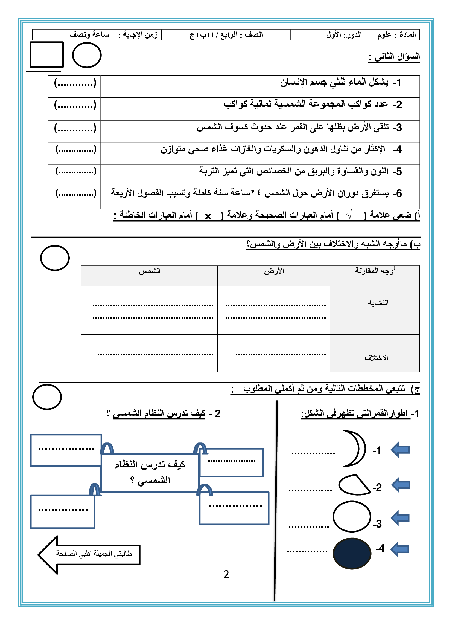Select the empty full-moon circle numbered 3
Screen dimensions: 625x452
[x=352, y=516]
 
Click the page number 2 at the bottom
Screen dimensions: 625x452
[x=226, y=574]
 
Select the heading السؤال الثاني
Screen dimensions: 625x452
[x=394, y=57]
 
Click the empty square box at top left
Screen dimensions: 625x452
[x=47, y=54]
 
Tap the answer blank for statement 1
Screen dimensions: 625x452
[x=75, y=83]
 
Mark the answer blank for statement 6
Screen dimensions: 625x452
[x=76, y=193]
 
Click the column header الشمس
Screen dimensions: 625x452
[x=149, y=271]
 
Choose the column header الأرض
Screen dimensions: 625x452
[x=274, y=271]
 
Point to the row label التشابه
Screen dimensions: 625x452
[x=378, y=303]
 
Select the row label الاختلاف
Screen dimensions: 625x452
[x=376, y=358]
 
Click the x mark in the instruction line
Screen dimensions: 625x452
[x=208, y=216]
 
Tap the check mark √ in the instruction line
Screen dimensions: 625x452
[x=349, y=215]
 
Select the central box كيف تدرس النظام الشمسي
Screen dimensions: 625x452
[x=150, y=472]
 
